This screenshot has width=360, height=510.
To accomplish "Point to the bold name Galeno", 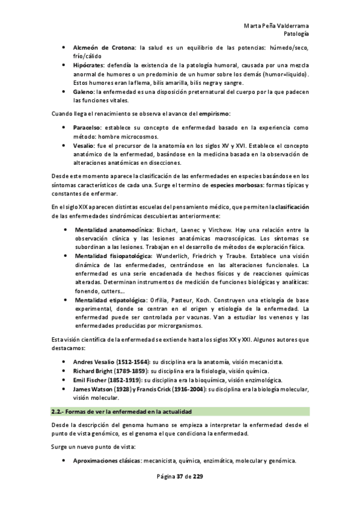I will point(84,91).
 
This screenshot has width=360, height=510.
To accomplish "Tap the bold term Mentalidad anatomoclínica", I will point(112,230).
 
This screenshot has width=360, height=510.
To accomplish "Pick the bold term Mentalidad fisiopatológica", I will point(113,256).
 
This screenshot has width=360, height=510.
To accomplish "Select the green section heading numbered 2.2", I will point(121,412).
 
